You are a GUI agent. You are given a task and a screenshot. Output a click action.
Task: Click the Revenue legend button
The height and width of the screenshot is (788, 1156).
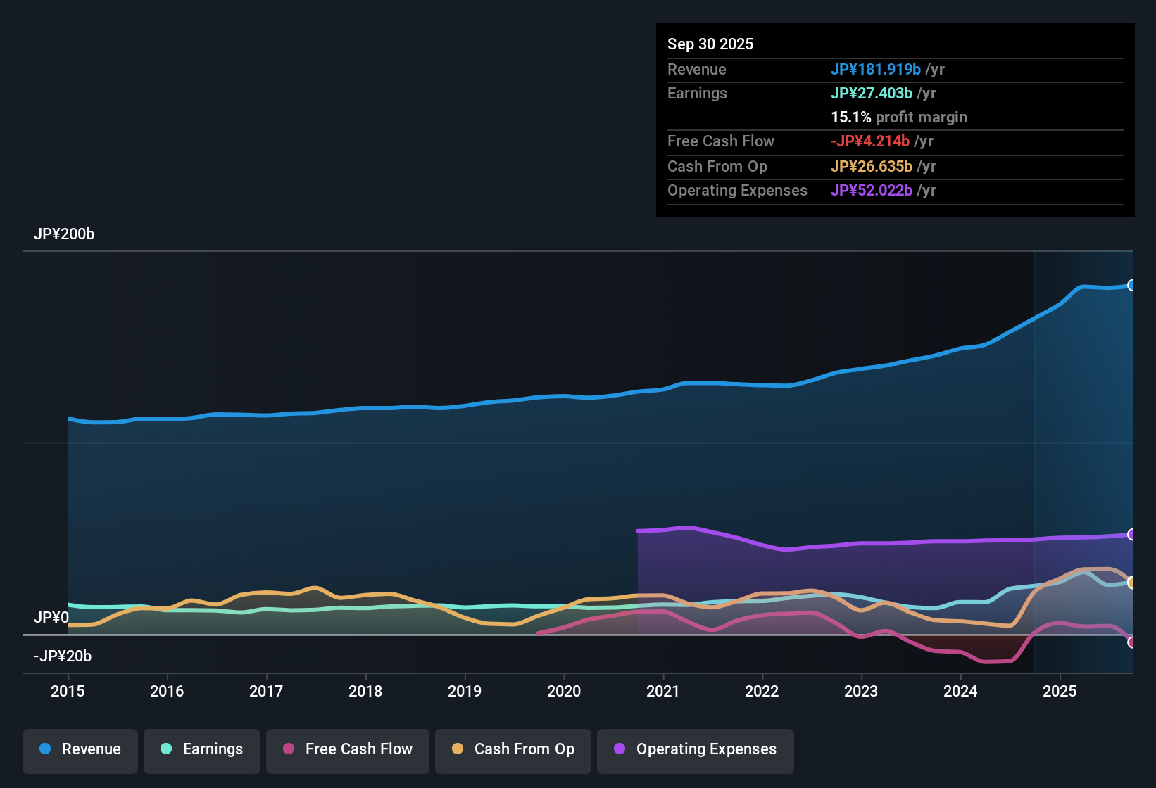(x=80, y=750)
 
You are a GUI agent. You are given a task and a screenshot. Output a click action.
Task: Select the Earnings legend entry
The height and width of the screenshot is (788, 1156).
(x=202, y=750)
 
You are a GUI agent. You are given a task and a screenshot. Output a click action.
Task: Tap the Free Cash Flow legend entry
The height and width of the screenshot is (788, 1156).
(x=348, y=750)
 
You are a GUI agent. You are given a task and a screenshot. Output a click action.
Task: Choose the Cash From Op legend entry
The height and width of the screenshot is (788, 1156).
(x=513, y=750)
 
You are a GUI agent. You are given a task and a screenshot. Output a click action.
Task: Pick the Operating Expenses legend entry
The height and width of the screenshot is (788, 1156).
(x=696, y=750)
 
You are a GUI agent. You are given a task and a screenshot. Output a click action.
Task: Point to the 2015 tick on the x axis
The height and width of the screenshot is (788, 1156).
(x=68, y=691)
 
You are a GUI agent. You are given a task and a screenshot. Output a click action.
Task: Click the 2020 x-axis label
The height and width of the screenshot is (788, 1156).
(x=564, y=691)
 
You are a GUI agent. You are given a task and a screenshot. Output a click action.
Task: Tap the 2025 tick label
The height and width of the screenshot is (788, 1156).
(x=1060, y=691)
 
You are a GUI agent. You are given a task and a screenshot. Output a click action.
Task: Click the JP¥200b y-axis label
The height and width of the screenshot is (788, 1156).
(x=64, y=234)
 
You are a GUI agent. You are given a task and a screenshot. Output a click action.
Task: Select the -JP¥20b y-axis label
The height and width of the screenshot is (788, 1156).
(x=63, y=656)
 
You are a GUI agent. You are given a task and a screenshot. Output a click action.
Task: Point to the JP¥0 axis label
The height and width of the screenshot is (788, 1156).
(x=51, y=618)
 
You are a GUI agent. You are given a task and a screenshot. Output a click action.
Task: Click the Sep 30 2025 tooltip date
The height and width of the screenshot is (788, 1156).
(x=710, y=44)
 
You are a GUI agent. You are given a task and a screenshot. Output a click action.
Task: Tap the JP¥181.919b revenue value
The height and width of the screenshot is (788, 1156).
(x=876, y=70)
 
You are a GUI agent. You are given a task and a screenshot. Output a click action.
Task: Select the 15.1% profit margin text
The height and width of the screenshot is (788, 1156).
(x=899, y=117)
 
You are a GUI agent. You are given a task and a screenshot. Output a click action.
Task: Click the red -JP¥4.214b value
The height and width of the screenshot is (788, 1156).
(x=870, y=141)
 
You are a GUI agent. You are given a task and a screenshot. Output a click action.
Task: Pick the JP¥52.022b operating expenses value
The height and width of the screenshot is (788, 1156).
(x=872, y=191)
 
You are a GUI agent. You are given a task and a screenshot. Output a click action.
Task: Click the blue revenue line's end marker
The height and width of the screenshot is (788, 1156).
(x=1131, y=285)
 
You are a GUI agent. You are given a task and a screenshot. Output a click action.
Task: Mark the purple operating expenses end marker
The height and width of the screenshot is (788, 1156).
(x=1131, y=535)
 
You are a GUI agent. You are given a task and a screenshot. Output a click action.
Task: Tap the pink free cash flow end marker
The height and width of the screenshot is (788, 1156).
(x=1131, y=642)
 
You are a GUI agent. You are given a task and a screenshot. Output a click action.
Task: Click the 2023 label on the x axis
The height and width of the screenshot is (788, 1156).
(x=861, y=691)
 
